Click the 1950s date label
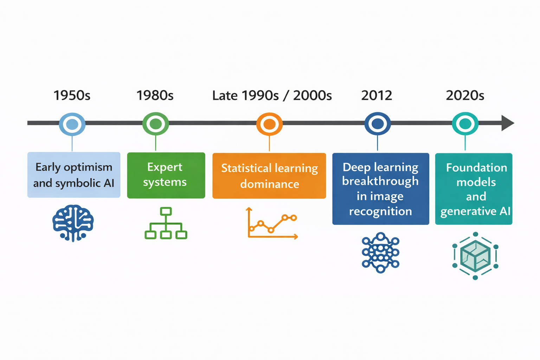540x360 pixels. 72,96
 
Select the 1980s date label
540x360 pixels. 155,96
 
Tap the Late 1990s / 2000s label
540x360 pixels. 272,96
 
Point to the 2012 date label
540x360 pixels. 377,96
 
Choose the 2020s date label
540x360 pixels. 465,96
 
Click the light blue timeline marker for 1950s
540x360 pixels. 72,124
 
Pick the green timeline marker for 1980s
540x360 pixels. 155,124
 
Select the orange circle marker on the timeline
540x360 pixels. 269,124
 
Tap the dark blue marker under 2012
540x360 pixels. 378,124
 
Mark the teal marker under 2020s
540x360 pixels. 465,124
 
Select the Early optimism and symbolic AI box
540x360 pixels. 74,175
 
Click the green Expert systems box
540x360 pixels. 166,175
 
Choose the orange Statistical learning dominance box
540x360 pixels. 269,176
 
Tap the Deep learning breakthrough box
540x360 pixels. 381,189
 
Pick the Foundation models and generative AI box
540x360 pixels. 474,189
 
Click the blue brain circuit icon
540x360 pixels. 73,223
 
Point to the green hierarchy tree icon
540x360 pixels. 166,224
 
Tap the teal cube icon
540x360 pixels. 475,256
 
